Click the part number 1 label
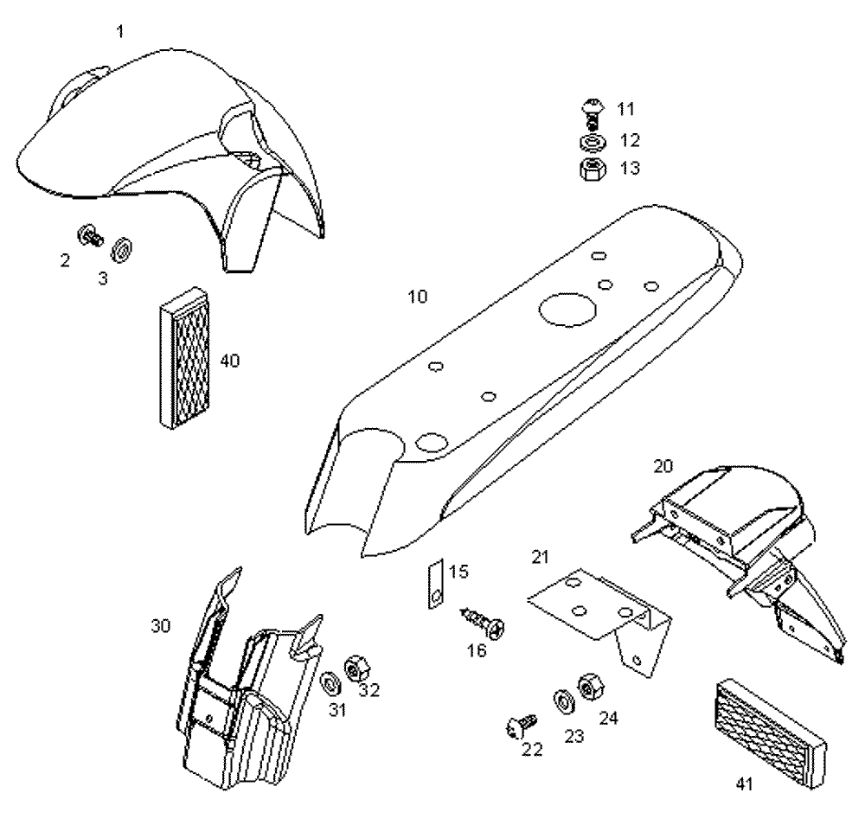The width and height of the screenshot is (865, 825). point(119,31)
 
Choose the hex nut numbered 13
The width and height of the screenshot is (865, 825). point(589,166)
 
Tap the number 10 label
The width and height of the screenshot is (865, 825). point(418,297)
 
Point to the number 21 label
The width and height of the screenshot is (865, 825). point(540,557)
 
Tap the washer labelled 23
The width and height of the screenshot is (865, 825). point(561,699)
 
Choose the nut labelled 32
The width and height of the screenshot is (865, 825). point(354,668)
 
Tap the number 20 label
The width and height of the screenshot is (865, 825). point(663,466)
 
